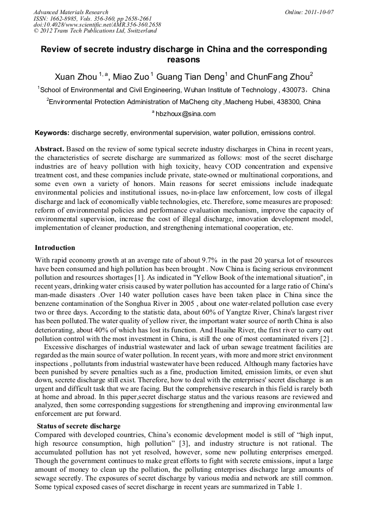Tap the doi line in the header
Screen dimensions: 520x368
tap(97, 25)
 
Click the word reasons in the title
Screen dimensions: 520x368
tap(184, 60)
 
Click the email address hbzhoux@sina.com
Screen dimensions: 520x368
tap(186, 114)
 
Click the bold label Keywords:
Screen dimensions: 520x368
tap(52, 132)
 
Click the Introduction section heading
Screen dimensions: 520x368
tap(55, 248)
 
